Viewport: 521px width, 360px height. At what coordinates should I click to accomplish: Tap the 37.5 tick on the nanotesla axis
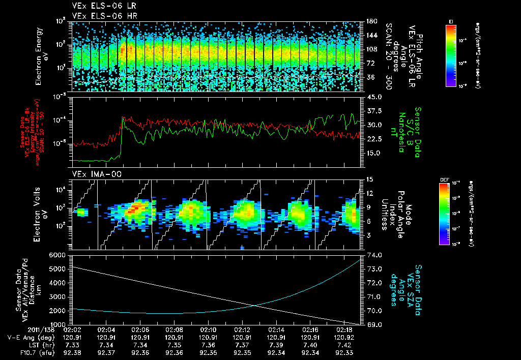click(x=374, y=111)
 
